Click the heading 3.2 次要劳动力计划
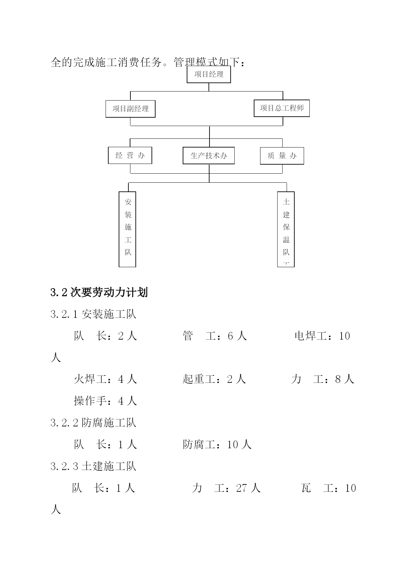99,293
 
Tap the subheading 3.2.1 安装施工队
94,314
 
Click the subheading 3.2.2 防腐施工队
94,423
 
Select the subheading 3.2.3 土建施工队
94,466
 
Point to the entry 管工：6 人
215,336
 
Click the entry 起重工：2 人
215,379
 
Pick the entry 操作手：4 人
106,401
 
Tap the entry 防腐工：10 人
217,445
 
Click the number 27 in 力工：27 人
241,488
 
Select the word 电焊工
311,336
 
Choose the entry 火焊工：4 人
106,379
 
